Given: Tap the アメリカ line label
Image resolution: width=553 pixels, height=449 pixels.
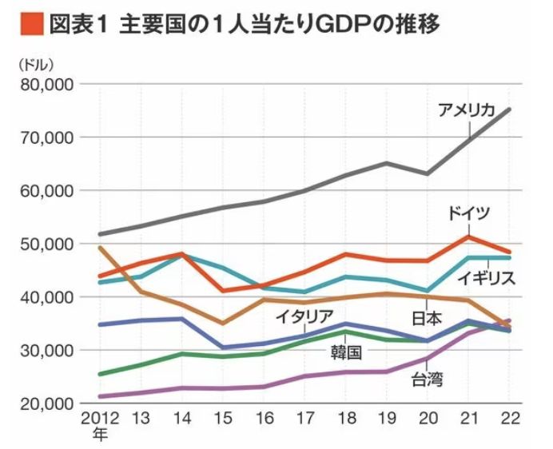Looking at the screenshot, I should (467, 111).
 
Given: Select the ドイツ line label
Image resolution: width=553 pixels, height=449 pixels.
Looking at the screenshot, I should (468, 213).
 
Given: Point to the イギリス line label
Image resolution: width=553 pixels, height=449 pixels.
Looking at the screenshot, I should (487, 278).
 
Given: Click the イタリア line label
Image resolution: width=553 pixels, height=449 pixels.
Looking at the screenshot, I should (304, 315).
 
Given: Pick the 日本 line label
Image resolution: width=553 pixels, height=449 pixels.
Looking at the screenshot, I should (427, 318).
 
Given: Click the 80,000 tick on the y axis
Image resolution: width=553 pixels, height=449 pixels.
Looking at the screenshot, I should (46, 84).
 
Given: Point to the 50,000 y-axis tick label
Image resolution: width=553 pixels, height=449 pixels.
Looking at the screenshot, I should (46, 244).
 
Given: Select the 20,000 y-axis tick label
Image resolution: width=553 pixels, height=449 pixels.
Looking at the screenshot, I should (46, 403).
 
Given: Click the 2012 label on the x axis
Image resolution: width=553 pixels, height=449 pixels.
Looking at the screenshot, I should (99, 419).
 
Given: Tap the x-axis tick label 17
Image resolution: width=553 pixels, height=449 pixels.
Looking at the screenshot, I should (304, 419).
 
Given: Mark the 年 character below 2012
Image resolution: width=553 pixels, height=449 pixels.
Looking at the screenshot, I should (99, 435).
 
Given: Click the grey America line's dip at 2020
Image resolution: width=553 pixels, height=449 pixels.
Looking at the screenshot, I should (428, 173).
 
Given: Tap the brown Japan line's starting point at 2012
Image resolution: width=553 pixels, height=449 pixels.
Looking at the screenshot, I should (99, 248).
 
